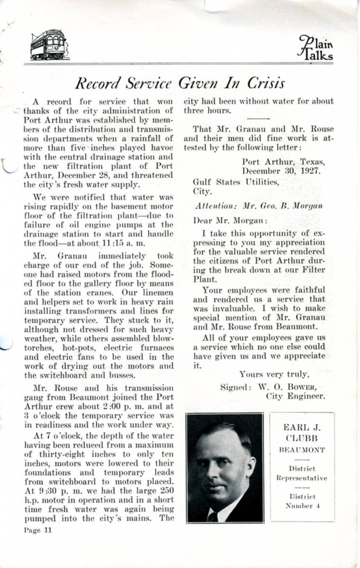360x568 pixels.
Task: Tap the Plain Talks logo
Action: (316, 48)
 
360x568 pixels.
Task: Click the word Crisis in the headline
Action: (266, 83)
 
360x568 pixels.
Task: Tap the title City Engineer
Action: (296, 396)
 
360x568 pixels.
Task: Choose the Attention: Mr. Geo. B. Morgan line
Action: (259, 206)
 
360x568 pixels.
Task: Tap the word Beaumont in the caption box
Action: (302, 450)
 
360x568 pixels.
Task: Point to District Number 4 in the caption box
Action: (302, 501)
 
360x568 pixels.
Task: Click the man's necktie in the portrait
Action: (213, 515)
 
